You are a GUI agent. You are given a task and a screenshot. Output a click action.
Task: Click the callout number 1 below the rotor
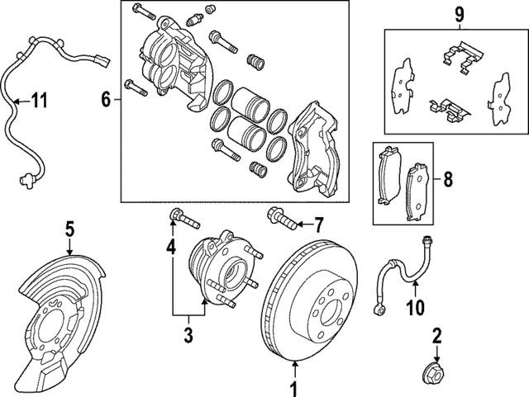coord(291,387)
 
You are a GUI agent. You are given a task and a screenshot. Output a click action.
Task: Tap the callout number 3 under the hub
coord(188,335)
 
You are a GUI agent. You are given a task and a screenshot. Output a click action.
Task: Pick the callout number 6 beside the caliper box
coord(105,100)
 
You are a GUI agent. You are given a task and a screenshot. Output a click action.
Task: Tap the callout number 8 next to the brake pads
coord(447,179)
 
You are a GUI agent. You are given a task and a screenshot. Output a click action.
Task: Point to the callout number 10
coord(415,309)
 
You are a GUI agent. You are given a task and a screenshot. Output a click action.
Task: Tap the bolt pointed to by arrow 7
coord(281,220)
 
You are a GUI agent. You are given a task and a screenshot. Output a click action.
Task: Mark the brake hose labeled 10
coord(405,272)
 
